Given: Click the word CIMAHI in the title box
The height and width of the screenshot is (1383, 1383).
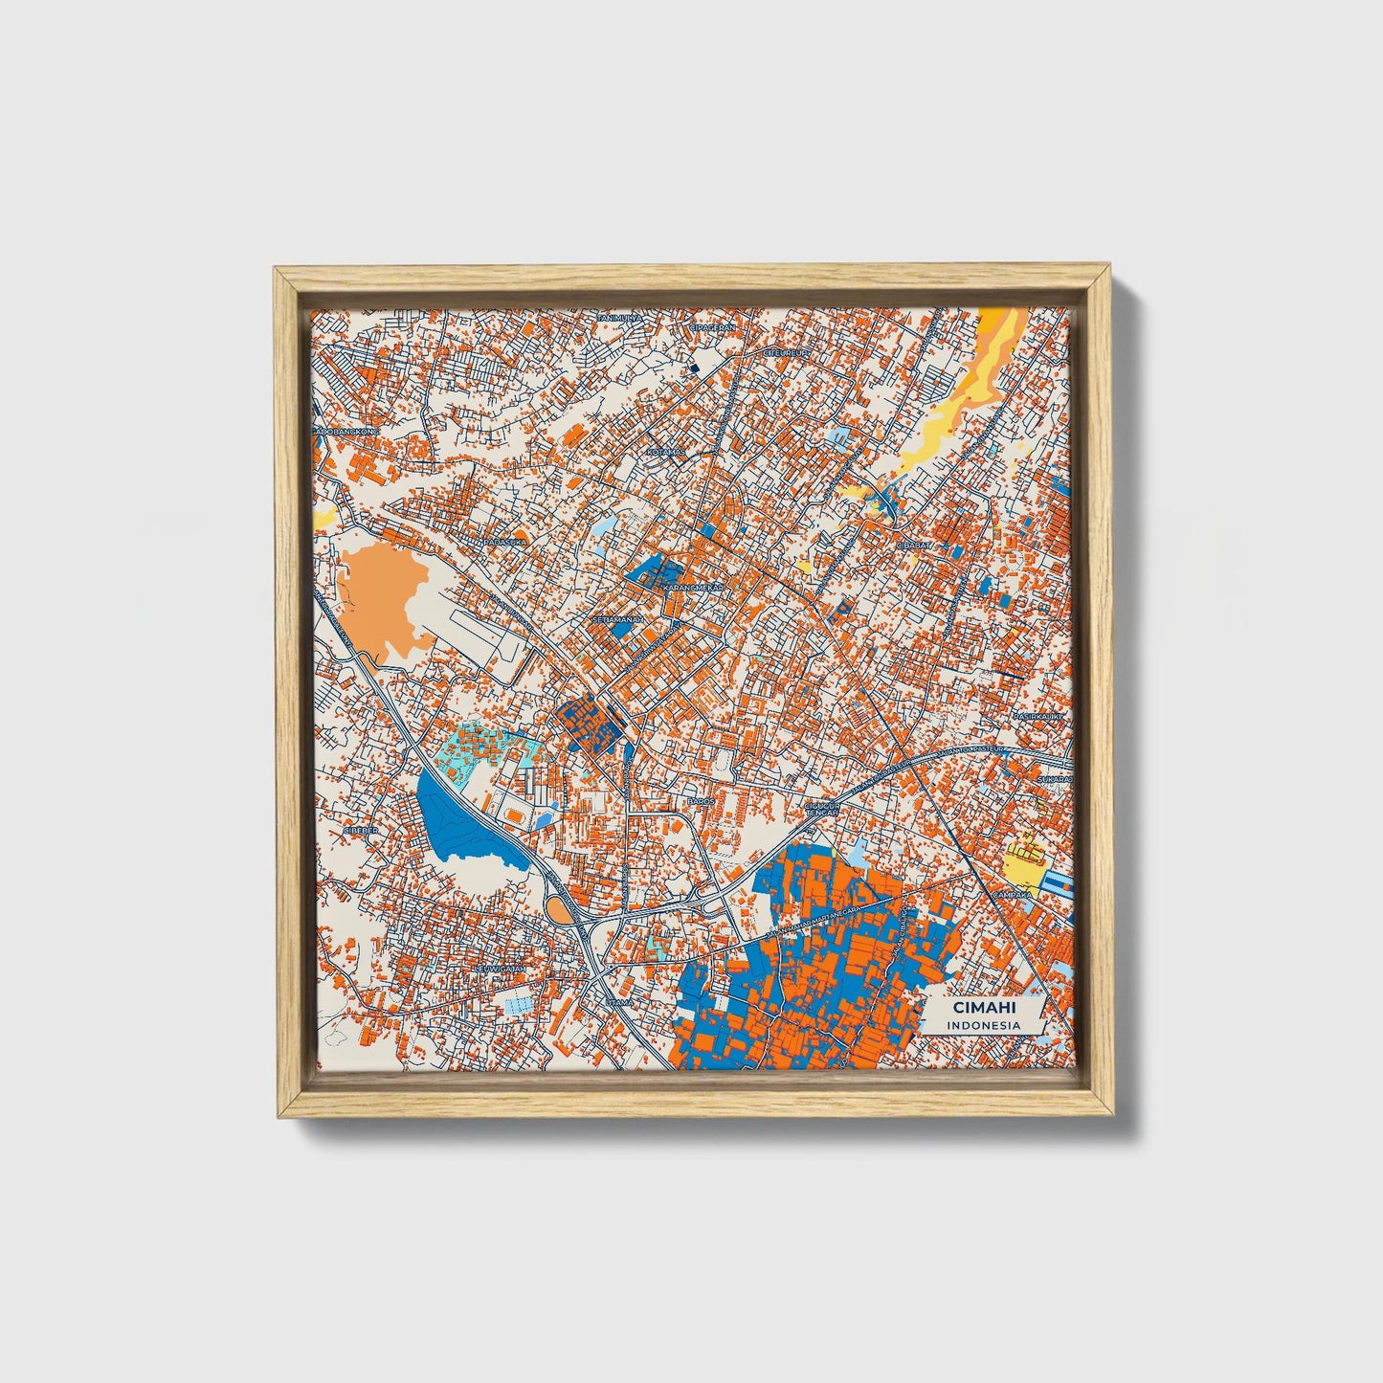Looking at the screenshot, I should (983, 1008).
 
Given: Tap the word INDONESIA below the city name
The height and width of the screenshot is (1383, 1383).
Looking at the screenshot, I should (983, 1025).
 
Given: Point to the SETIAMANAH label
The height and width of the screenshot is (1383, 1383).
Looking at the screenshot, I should (618, 620).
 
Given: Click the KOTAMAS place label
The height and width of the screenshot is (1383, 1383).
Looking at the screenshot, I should (666, 452).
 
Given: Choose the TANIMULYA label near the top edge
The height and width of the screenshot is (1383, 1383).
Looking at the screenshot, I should (619, 318).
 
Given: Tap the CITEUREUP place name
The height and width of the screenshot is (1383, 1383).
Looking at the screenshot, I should (787, 352).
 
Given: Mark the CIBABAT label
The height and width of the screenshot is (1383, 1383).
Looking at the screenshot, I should (913, 545).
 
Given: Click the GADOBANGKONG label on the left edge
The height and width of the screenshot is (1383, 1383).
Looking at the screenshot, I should (346, 432).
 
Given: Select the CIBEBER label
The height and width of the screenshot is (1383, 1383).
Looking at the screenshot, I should (360, 831).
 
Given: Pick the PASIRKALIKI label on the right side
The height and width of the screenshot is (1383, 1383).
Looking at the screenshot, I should (1040, 716).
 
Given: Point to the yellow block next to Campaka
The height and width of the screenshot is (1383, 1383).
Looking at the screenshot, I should (1022, 863).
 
